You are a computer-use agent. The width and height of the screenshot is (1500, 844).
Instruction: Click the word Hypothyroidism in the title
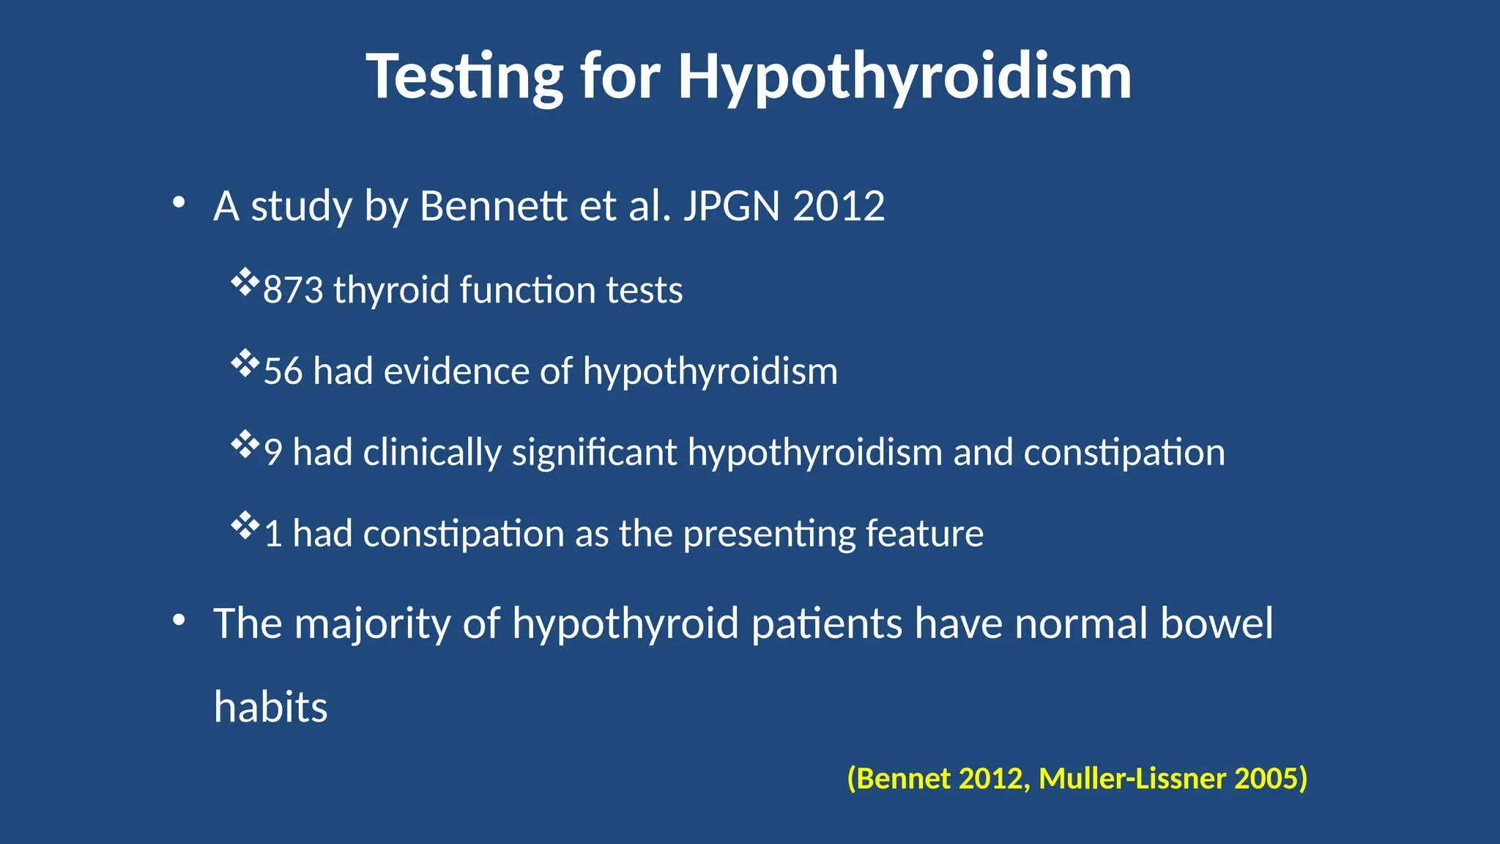(x=905, y=77)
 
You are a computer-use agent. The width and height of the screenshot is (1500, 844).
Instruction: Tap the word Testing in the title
(x=464, y=77)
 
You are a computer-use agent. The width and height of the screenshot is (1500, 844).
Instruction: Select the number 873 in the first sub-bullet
(x=293, y=290)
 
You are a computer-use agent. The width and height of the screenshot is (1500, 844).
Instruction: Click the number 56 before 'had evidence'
(x=283, y=371)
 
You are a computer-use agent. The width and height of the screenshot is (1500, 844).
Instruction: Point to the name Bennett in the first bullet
(x=494, y=207)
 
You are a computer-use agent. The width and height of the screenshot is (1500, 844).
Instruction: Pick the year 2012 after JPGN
(x=839, y=207)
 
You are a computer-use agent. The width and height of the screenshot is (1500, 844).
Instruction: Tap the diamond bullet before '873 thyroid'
(x=245, y=282)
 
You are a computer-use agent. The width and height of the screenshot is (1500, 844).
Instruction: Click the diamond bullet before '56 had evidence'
(x=245, y=363)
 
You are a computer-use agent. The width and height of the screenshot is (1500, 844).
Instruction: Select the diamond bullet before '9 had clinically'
(x=245, y=445)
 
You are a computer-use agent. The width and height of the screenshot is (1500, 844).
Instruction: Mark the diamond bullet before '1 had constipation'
(x=245, y=525)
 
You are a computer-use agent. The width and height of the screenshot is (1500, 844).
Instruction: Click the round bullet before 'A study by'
(x=179, y=203)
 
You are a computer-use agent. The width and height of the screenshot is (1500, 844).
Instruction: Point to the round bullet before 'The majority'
(x=179, y=621)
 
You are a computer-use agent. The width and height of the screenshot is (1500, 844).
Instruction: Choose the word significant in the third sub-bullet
(x=594, y=453)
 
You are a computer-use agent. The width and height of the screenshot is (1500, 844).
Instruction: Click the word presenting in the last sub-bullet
(x=769, y=534)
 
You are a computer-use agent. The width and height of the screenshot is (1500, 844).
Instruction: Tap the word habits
(x=270, y=708)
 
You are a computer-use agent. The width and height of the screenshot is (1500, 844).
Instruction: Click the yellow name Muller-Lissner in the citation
(x=1132, y=779)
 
